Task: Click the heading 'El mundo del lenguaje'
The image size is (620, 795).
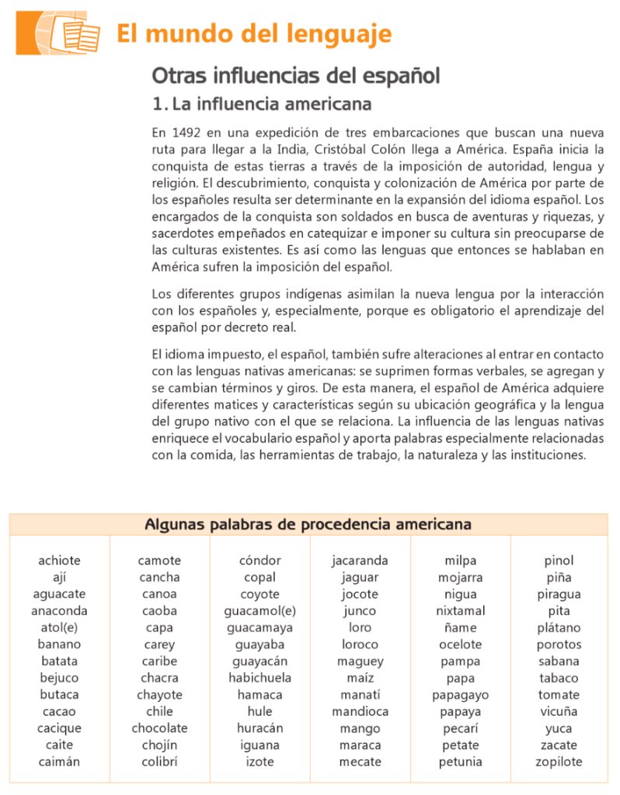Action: [x=254, y=34]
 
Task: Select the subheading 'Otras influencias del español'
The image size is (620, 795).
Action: [x=296, y=76]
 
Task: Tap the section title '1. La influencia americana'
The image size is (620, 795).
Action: [x=250, y=103]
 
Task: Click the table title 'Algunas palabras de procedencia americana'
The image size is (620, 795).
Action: [x=308, y=525]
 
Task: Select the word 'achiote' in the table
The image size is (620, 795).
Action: [x=59, y=561]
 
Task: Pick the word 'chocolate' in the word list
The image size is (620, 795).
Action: [x=159, y=728]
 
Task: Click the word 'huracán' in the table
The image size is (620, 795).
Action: [x=260, y=728]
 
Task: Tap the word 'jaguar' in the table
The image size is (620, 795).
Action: [x=360, y=578]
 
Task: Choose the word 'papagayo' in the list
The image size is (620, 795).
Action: [x=461, y=695]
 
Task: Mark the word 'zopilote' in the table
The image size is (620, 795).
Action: [x=559, y=762]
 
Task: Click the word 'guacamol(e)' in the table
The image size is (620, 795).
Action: [x=260, y=611]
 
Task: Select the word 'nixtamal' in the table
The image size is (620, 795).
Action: [x=461, y=611]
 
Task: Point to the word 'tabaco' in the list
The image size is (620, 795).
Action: [x=559, y=678]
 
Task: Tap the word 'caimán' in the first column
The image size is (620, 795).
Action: [x=59, y=762]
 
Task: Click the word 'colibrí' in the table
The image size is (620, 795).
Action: [x=159, y=762]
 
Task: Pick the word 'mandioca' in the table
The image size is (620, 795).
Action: [x=360, y=711]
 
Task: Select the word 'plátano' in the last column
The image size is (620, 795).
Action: [x=559, y=627]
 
